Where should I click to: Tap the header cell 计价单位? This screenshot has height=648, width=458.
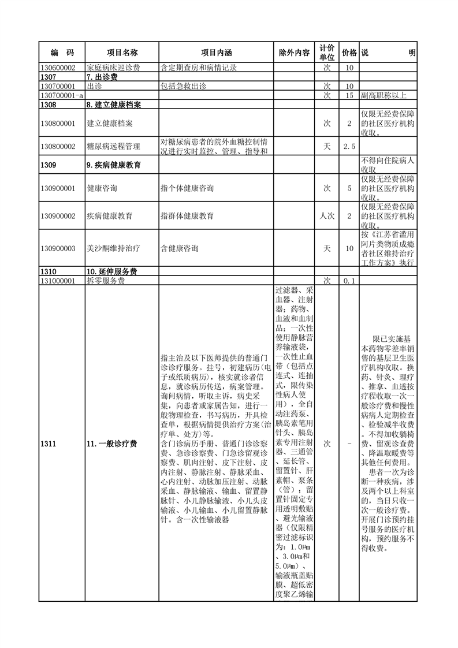point(326,53)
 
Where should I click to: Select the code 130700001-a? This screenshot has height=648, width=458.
point(62,95)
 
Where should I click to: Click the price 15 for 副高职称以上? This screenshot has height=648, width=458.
point(349,95)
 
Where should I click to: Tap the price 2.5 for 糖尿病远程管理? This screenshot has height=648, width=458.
point(349,147)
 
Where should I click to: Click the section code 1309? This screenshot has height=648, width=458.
point(49,165)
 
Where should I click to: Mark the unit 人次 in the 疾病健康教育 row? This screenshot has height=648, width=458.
point(327,216)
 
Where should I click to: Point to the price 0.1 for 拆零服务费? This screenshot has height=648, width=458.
point(349,281)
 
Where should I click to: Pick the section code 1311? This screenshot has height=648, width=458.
point(49,444)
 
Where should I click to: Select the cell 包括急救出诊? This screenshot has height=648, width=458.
point(183,86)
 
